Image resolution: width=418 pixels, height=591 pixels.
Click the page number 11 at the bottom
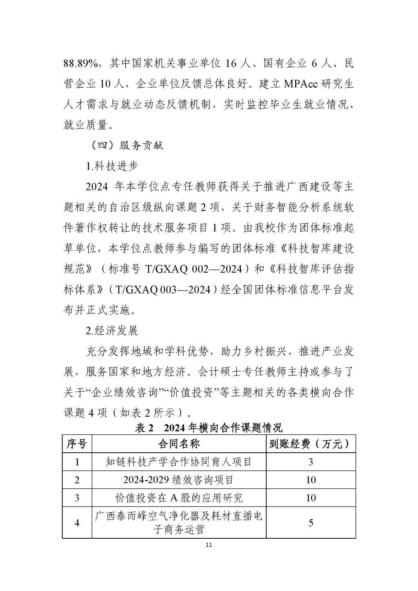(x=209, y=545)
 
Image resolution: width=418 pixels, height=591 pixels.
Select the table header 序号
(x=77, y=444)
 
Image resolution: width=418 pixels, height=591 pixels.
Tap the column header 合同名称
(x=179, y=444)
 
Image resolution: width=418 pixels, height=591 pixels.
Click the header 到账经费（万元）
(x=310, y=444)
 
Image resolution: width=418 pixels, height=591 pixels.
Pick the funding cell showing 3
(x=311, y=462)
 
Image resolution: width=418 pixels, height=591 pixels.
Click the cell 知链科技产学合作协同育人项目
(x=179, y=462)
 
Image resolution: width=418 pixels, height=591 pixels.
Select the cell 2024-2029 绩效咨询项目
(x=179, y=480)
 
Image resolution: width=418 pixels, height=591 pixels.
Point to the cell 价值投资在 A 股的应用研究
(x=179, y=498)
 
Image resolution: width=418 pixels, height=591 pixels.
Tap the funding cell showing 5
(x=311, y=523)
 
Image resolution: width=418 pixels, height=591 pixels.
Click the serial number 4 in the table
(x=77, y=523)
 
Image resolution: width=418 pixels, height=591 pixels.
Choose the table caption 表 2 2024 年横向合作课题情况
(x=209, y=428)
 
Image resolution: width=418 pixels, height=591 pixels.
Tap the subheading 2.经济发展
(x=112, y=330)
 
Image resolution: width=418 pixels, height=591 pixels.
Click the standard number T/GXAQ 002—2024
(x=194, y=269)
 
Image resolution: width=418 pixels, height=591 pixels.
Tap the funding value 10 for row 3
(x=311, y=498)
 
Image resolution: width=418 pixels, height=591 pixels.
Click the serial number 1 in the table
(x=77, y=462)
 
